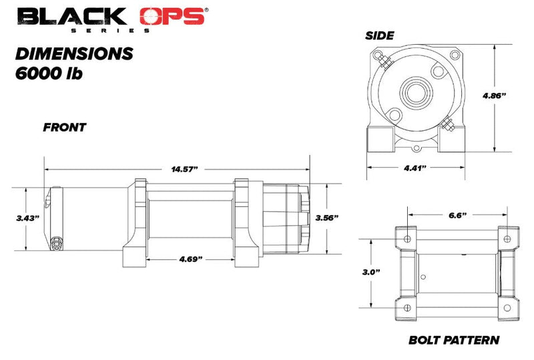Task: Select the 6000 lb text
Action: pyautogui.click(x=48, y=73)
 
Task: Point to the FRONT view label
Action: pyautogui.click(x=65, y=127)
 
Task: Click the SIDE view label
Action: pyautogui.click(x=379, y=35)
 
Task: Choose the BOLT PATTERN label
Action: pyautogui.click(x=453, y=340)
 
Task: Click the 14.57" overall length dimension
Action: pyautogui.click(x=185, y=169)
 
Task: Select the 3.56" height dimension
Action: pyautogui.click(x=327, y=218)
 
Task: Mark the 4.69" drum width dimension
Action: pyautogui.click(x=190, y=258)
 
